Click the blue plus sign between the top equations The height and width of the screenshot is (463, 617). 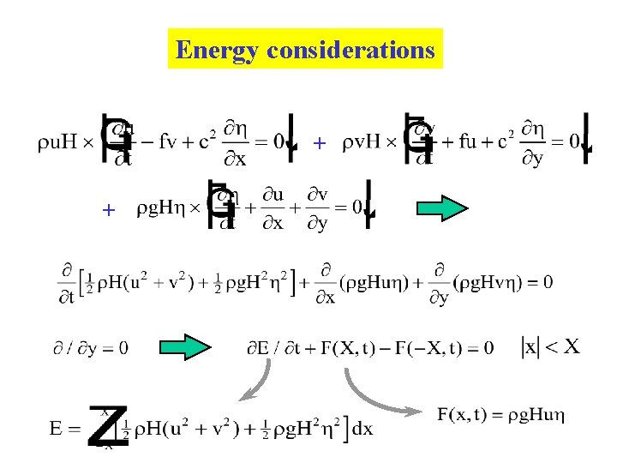point(320,143)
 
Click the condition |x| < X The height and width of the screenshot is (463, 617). point(551,346)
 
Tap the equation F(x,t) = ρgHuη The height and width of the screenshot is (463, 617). point(500,416)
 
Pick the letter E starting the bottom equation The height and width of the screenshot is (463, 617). point(57,429)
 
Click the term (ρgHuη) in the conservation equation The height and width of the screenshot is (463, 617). point(378,281)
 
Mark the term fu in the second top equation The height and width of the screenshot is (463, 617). point(471,142)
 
